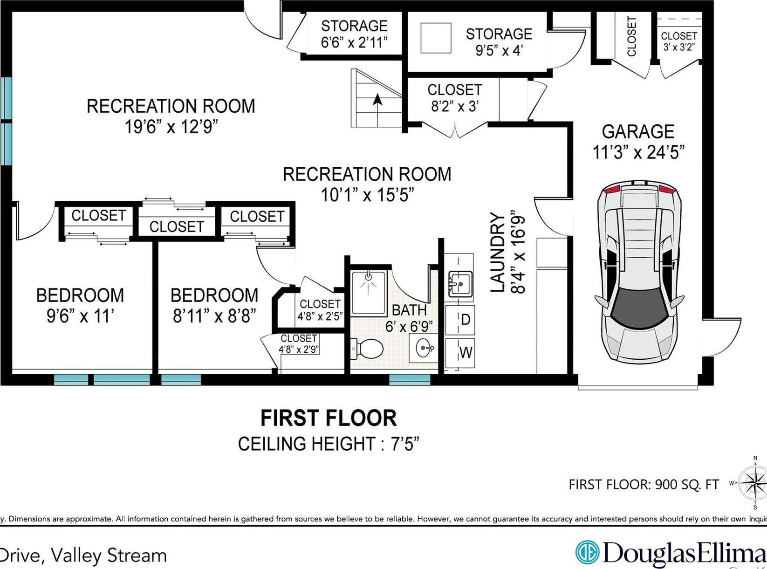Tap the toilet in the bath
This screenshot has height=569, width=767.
[x=368, y=348]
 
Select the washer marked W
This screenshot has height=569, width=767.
[x=460, y=352]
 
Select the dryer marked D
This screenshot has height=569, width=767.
[x=460, y=320]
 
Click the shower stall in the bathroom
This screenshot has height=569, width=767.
[x=368, y=293]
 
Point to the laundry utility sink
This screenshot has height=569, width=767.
[x=459, y=283]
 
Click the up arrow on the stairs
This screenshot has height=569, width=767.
[x=377, y=100]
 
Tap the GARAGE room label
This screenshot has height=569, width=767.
[x=637, y=131]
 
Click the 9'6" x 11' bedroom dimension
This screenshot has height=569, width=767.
[x=80, y=316]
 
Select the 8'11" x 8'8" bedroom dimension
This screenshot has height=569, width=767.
[x=214, y=316]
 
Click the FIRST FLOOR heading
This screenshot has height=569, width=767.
[x=328, y=418]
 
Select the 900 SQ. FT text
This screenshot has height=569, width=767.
[x=687, y=485]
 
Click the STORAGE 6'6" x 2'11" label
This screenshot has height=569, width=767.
[x=354, y=34]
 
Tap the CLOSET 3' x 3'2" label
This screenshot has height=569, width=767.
[x=678, y=41]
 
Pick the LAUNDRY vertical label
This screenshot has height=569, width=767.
[x=498, y=252]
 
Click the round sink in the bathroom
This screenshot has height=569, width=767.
[x=424, y=348]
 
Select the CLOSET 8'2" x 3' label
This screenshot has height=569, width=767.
[x=454, y=98]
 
